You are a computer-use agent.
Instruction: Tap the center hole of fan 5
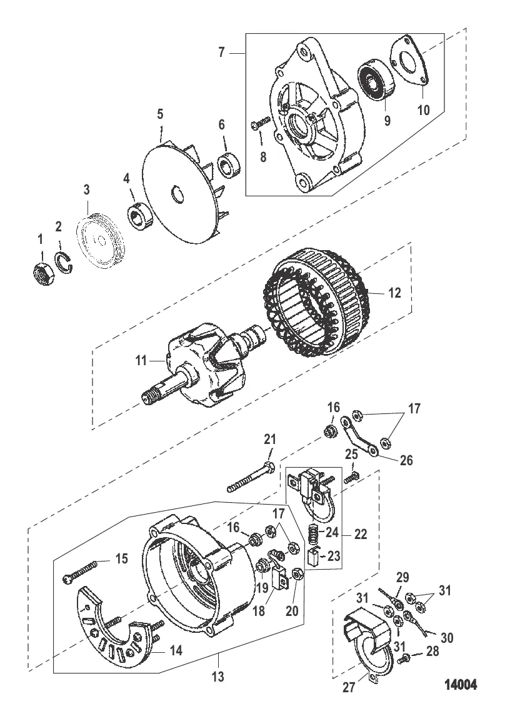pos(177,194)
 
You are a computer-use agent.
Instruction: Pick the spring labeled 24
pos(316,535)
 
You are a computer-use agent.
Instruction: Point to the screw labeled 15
pos(81,573)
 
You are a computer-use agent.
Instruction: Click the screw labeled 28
pos(404,658)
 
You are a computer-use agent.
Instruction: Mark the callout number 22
pos(361,535)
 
